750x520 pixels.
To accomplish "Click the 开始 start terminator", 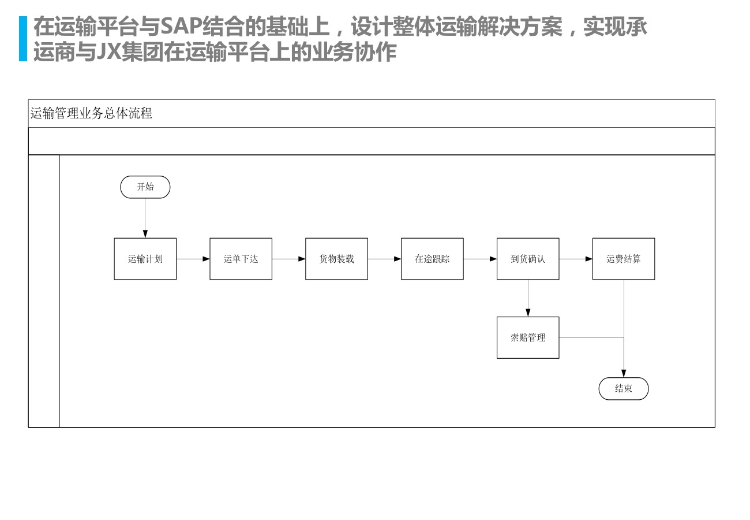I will (x=145, y=187).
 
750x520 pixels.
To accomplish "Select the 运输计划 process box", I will (x=145, y=259).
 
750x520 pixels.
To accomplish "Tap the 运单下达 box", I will (x=241, y=259).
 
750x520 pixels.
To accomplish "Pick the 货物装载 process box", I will (x=337, y=259).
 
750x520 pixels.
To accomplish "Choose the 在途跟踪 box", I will (x=433, y=259).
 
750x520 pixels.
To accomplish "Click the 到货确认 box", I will (x=528, y=259).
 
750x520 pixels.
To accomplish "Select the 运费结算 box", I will (x=624, y=259).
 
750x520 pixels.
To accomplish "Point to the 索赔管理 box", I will (x=528, y=337).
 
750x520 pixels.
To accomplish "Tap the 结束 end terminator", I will (x=624, y=389).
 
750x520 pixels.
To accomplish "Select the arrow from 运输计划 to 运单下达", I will (x=193, y=259).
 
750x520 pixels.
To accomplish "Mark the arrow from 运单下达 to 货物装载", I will (x=289, y=259).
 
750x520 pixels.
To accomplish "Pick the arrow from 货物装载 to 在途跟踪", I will (x=385, y=259).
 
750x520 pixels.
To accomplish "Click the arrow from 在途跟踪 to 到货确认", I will (x=481, y=259).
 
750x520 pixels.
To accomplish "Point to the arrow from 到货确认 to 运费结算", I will (x=576, y=259).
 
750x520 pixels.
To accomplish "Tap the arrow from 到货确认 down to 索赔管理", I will (x=528, y=298).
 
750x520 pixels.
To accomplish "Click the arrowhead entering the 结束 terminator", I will (x=624, y=374).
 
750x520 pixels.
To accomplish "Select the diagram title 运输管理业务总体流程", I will (x=91, y=113).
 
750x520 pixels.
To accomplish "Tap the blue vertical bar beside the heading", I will (x=23, y=39).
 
